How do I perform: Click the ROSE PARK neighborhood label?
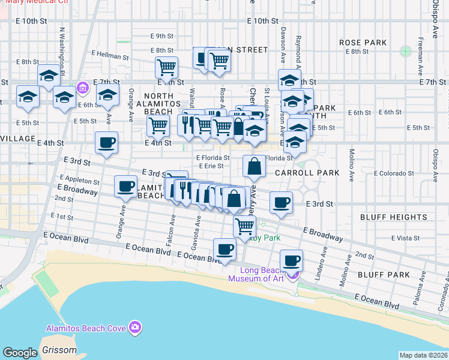coord(363,43)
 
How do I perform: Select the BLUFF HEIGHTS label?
coord(394,217)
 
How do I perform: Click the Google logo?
coord(20,353)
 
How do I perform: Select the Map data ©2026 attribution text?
coord(423,355)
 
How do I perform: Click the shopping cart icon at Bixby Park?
coord(244,226)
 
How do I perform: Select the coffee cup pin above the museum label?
coord(291,260)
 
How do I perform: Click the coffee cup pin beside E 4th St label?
coord(106,143)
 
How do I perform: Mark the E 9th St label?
coord(162,36)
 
